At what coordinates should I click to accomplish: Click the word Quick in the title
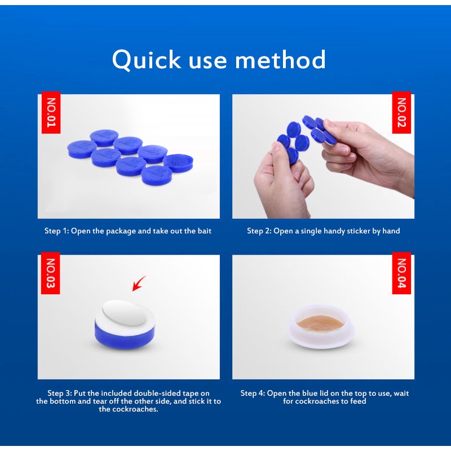coord(147,60)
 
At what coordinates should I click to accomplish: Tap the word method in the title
coord(280,59)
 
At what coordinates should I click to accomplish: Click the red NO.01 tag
coord(51,112)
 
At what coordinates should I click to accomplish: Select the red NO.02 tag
coord(401,112)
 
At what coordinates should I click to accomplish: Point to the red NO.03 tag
coord(51,273)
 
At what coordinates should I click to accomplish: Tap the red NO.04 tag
coord(401,273)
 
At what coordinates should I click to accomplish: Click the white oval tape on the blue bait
coord(123,313)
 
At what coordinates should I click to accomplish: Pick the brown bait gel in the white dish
coord(320,322)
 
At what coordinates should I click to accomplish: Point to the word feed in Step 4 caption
coord(358,401)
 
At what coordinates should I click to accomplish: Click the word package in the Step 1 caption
coord(121,232)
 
